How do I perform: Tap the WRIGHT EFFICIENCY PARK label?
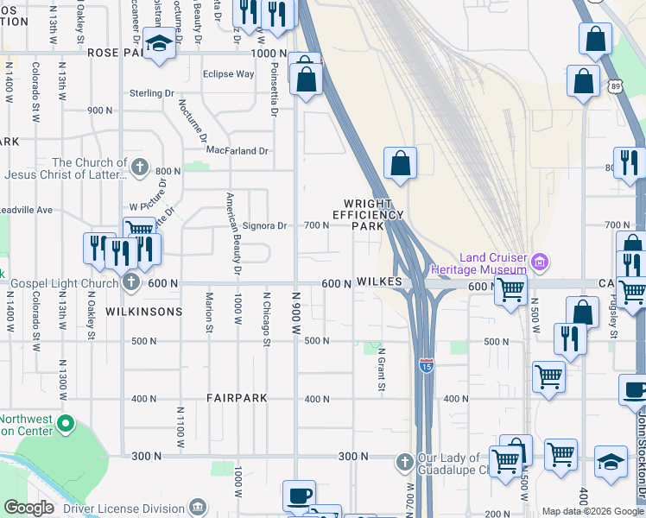pyautogui.click(x=368, y=214)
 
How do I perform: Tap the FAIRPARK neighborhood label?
pyautogui.click(x=237, y=398)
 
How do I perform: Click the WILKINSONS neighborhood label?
pyautogui.click(x=144, y=311)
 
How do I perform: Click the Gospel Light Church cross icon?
pyautogui.click(x=130, y=282)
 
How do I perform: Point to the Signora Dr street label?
pyautogui.click(x=263, y=226)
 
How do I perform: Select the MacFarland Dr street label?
pyautogui.click(x=237, y=151)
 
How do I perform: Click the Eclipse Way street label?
pyautogui.click(x=228, y=74)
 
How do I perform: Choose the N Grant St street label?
pyautogui.click(x=380, y=369)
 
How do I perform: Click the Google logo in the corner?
pyautogui.click(x=28, y=508)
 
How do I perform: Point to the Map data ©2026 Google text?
pyautogui.click(x=592, y=511)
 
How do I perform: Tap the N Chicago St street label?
pyautogui.click(x=266, y=317)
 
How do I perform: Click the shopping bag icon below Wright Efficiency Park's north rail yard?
pyautogui.click(x=400, y=163)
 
